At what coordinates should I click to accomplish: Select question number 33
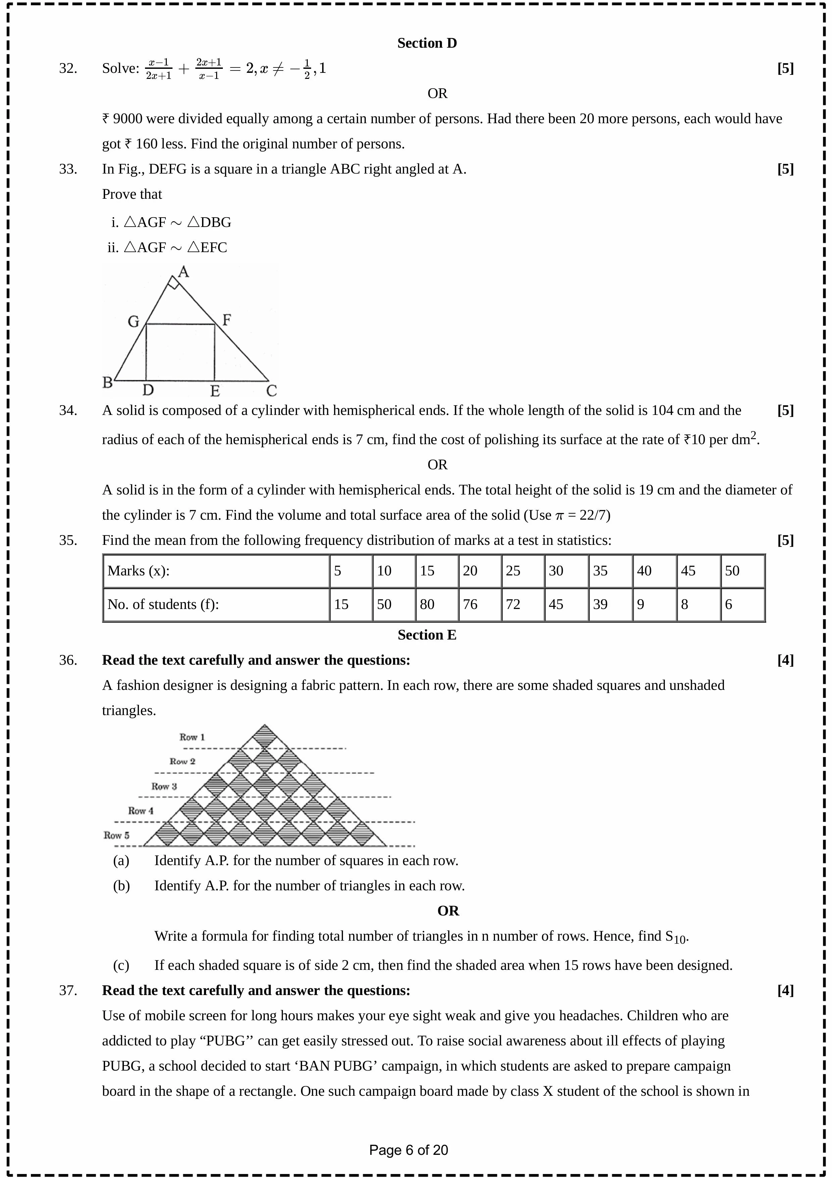coord(68,169)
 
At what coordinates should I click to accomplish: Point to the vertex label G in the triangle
coord(133,322)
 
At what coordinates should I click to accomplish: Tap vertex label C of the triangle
coord(272,391)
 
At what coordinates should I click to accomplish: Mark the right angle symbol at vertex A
coord(174,284)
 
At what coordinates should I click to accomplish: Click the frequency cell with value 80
coord(427,604)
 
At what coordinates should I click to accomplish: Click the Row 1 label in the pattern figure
coord(192,737)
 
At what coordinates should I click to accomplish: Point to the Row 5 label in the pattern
coord(116,835)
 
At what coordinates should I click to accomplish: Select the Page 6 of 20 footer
coord(408,1150)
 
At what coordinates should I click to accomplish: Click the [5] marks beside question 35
coord(785,540)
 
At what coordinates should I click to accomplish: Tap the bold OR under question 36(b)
coord(448,911)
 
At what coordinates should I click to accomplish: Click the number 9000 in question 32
coord(127,119)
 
